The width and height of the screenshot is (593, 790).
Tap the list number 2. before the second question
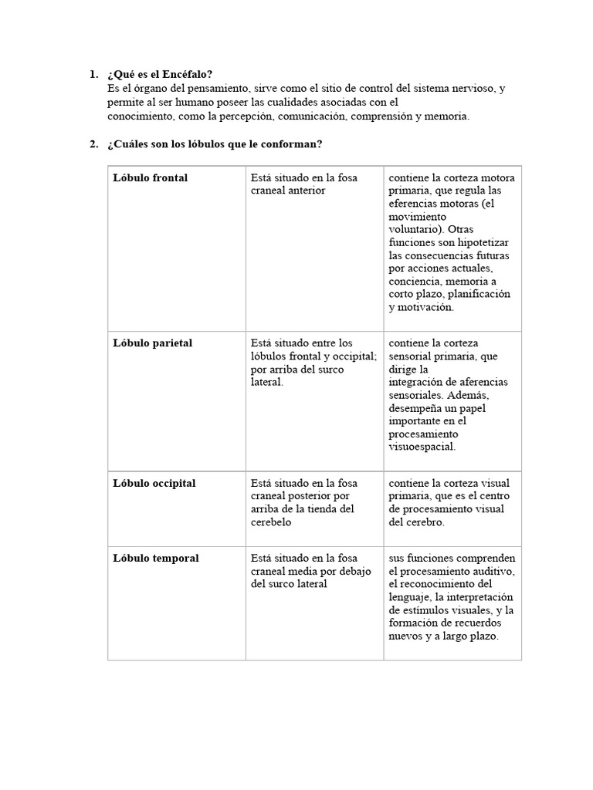tap(93, 144)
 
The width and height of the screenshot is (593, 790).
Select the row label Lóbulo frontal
tap(151, 177)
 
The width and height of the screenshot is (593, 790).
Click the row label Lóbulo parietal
tap(153, 343)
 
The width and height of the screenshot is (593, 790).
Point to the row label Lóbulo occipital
tap(154, 483)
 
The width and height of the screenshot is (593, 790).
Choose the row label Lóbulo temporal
tap(156, 558)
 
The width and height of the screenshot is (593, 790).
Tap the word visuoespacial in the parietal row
tap(422, 446)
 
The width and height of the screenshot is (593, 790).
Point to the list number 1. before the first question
tap(93, 75)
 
